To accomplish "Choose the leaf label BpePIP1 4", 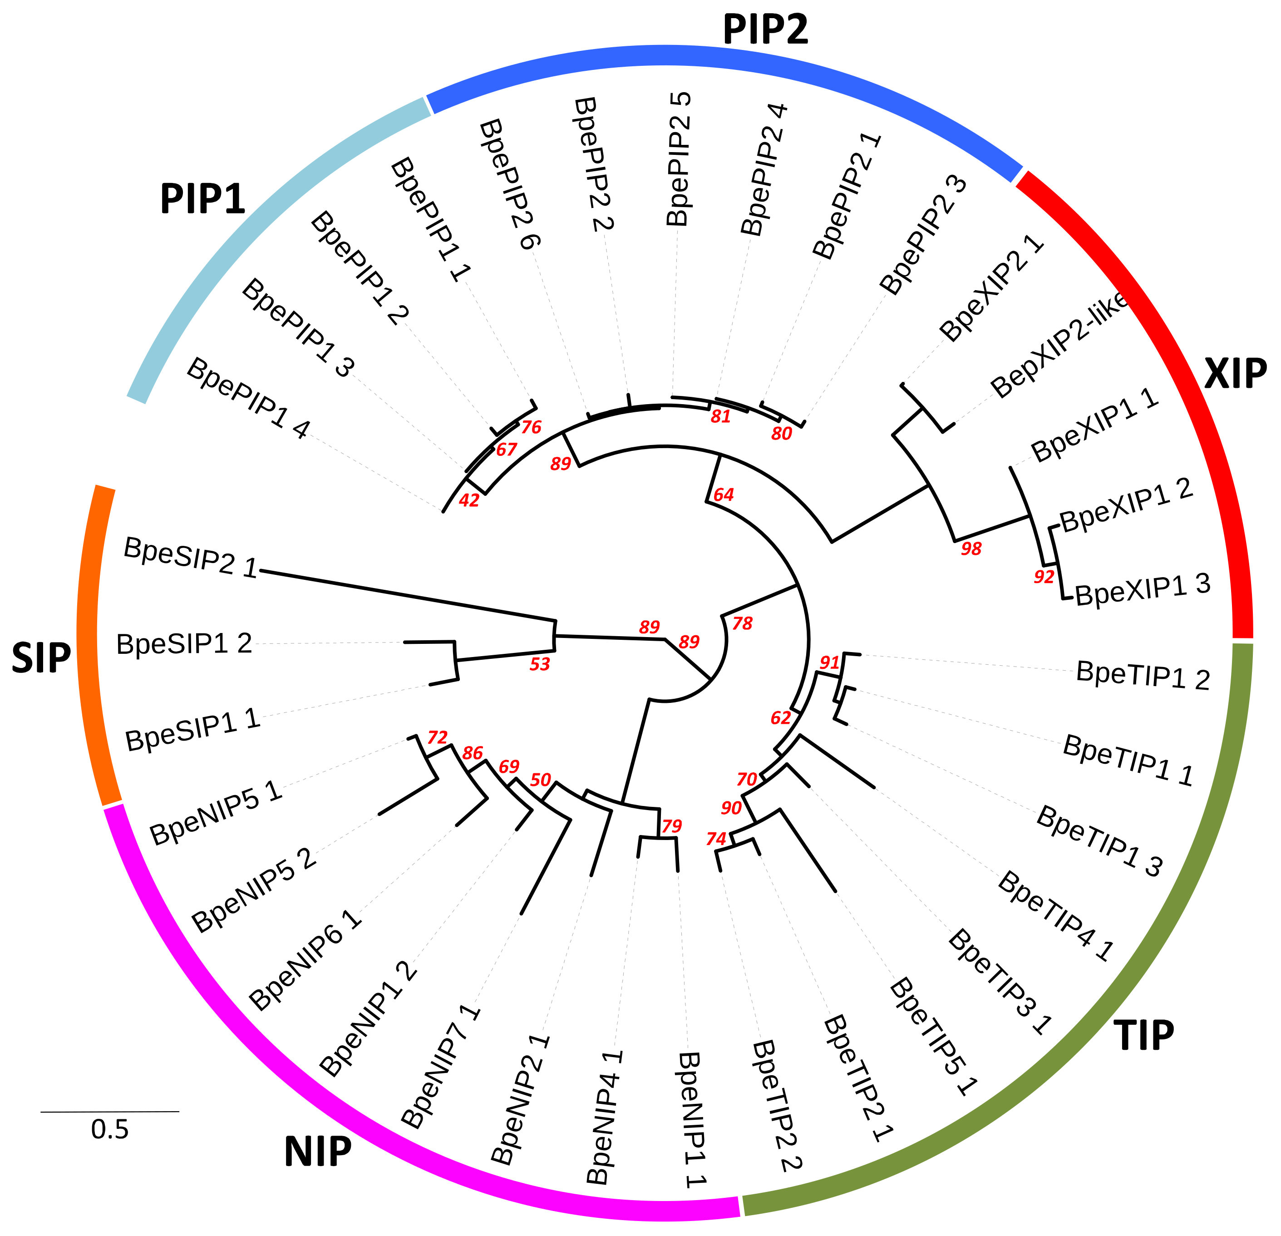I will click(x=247, y=398).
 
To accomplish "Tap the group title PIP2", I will click(x=765, y=30).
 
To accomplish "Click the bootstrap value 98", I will click(x=971, y=549).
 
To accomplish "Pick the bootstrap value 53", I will click(x=540, y=664).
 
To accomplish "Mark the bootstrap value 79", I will click(x=672, y=826).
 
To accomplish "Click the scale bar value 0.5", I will click(x=110, y=1129).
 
